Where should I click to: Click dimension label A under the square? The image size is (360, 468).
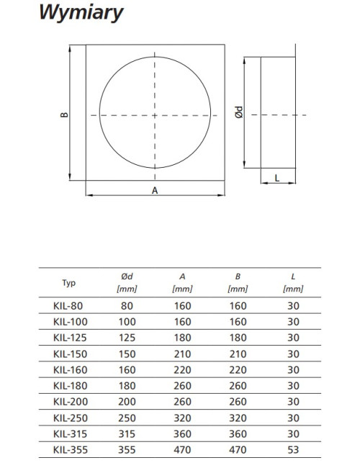click(155, 190)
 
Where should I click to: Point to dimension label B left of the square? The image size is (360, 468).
click(64, 114)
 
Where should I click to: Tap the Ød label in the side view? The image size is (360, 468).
click(239, 112)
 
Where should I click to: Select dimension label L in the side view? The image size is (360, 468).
click(277, 178)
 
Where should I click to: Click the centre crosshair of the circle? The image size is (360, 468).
click(155, 115)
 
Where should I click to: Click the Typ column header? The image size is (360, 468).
click(69, 283)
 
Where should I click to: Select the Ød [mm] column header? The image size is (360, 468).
click(127, 282)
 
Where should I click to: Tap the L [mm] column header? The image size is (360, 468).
click(293, 282)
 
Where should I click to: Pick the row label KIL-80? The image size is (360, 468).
click(68, 306)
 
